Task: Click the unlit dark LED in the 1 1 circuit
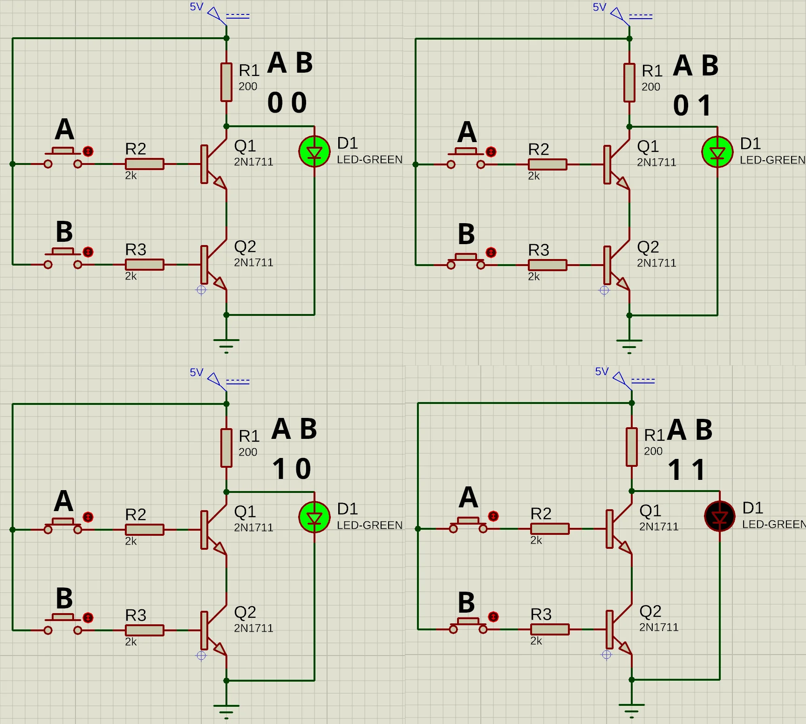720,516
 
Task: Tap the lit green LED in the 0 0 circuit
314,151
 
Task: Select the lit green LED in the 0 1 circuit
717,152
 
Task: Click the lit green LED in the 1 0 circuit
314,517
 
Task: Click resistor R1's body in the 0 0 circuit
226,82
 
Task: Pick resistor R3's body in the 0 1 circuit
547,265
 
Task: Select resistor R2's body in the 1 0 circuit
144,530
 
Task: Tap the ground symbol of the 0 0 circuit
226,344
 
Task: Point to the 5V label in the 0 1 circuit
600,7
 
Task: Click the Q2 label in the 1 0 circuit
245,612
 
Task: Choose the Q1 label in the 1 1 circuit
650,511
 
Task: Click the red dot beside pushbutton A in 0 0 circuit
88,151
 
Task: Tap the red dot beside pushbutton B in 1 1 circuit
493,617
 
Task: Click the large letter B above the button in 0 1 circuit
466,234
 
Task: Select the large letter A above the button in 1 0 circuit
64,501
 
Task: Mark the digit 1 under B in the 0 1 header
705,106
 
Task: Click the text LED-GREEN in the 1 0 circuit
369,525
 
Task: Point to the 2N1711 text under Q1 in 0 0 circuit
253,162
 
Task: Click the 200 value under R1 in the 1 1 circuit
653,451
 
